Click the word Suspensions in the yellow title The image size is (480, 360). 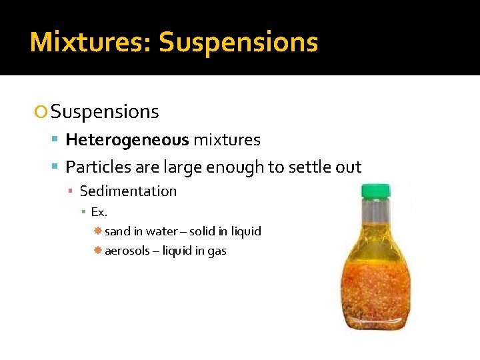[238, 42]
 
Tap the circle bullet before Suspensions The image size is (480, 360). [41, 113]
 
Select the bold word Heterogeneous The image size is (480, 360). [127, 140]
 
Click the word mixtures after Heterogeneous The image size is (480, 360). [227, 140]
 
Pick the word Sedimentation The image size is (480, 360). [128, 191]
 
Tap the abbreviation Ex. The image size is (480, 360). [99, 212]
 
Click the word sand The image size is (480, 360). [117, 231]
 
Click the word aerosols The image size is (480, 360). [127, 251]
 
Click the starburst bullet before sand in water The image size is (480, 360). [97, 231]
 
